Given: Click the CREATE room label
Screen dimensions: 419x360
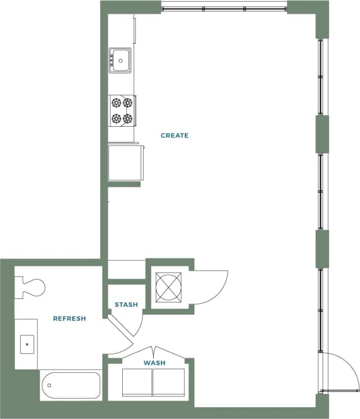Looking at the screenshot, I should (x=174, y=135).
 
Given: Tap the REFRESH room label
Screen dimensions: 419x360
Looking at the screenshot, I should (x=69, y=319).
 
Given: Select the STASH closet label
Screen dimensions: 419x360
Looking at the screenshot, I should (x=126, y=305).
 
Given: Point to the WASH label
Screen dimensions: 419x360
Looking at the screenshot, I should (x=154, y=363).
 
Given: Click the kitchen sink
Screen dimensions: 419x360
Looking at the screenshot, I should (x=120, y=59).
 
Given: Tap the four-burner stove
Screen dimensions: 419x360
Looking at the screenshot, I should (x=122, y=110).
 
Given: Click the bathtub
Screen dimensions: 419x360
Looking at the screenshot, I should (x=71, y=385).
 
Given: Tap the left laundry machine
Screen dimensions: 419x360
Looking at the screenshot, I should (x=137, y=383).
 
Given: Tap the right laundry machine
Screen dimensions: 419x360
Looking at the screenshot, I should (x=169, y=383).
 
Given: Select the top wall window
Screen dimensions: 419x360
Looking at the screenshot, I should (x=224, y=9).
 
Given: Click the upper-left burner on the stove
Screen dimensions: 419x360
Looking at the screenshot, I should (x=116, y=102).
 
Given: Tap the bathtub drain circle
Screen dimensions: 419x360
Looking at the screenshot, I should (x=49, y=385).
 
